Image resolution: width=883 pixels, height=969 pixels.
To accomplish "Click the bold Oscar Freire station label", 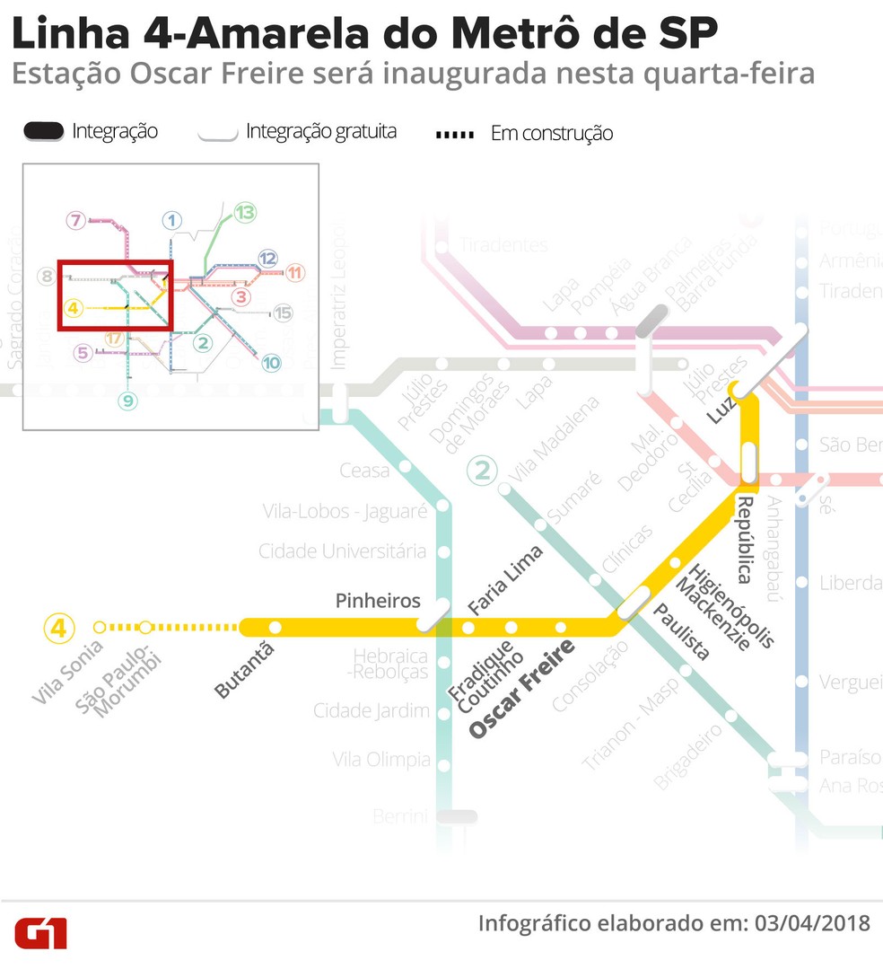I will click(x=521, y=687).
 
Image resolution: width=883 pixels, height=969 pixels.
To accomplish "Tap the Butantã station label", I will click(x=243, y=670).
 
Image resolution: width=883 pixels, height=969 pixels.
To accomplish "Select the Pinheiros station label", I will click(x=378, y=601).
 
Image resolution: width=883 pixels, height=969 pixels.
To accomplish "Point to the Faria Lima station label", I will click(x=505, y=581).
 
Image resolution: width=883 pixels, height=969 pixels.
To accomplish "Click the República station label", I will click(x=744, y=539).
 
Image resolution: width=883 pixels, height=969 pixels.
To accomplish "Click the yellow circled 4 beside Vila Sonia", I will click(x=59, y=628).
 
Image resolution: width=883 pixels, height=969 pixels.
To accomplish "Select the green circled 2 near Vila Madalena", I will click(x=484, y=471).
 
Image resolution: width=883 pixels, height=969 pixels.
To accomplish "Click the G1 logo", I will click(x=40, y=932).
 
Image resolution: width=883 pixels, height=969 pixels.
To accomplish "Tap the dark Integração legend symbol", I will click(x=44, y=131).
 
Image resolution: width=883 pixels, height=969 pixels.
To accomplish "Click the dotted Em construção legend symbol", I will click(x=455, y=135).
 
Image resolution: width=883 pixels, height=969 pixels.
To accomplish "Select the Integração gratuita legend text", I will click(x=320, y=132).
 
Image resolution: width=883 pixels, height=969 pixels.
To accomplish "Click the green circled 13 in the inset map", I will click(x=245, y=213).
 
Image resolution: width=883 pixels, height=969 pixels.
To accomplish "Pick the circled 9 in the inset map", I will click(x=128, y=401).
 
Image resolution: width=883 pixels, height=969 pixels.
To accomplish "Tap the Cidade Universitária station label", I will click(x=342, y=551).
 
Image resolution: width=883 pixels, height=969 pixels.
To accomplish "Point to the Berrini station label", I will click(x=401, y=816).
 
